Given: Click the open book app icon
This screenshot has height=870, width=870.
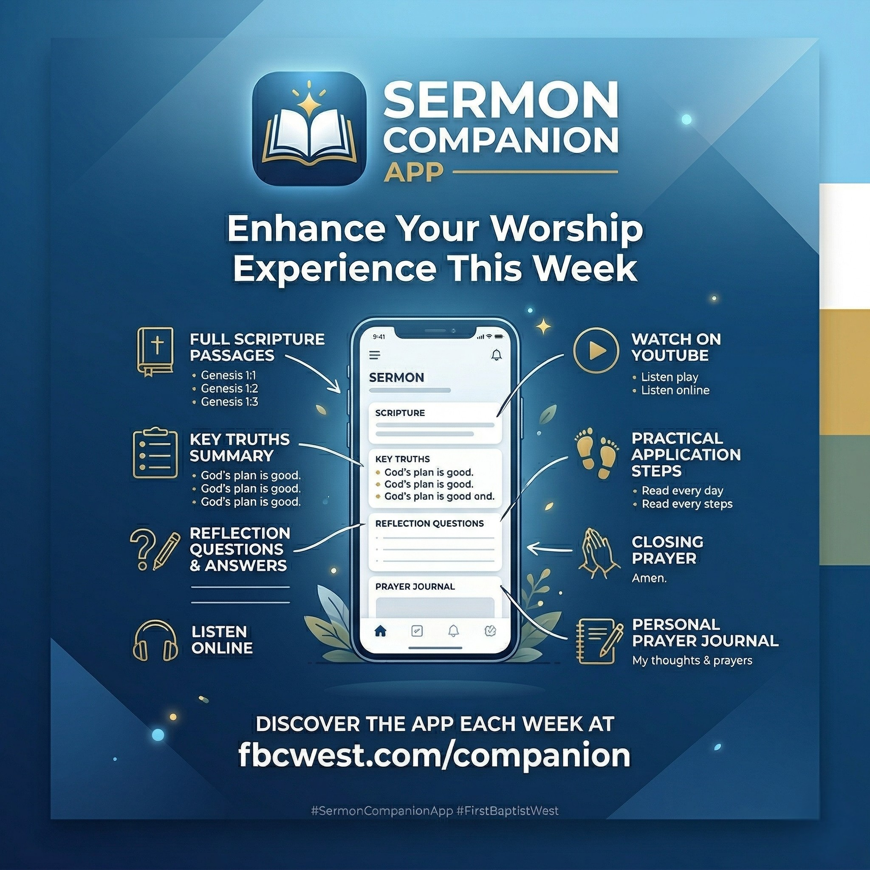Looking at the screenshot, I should [309, 129].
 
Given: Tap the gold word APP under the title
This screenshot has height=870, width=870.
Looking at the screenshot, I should [413, 172].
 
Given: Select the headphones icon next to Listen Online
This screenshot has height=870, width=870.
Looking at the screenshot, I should [155, 641].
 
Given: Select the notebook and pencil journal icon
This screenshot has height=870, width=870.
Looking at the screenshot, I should [599, 641].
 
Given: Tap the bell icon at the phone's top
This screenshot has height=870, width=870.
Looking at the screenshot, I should [496, 355].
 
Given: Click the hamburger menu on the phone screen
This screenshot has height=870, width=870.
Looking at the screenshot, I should [375, 355].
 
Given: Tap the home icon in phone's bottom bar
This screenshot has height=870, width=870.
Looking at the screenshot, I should [381, 631].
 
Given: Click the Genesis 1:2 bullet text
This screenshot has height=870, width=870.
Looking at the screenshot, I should [229, 388].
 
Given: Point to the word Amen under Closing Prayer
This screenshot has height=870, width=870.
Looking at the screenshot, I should [649, 578].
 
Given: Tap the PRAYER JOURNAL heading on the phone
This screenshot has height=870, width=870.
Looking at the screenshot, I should [415, 586].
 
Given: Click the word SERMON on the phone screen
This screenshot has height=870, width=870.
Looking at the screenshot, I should [396, 377].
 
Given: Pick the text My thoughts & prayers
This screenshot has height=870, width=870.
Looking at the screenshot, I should [692, 661].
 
